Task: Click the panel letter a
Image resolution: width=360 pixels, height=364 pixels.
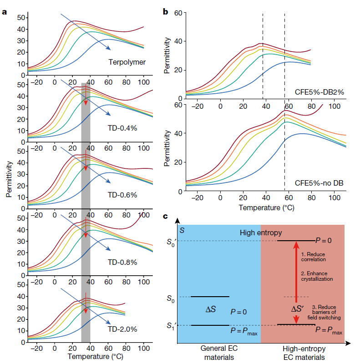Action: coord(5,12)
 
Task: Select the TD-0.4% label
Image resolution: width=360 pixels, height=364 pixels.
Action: coord(122,128)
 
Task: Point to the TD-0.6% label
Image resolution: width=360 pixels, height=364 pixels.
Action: coord(122,195)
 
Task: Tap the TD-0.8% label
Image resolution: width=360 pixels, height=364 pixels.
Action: coord(122,262)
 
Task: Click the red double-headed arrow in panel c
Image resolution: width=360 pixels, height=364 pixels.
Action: coord(296,282)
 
